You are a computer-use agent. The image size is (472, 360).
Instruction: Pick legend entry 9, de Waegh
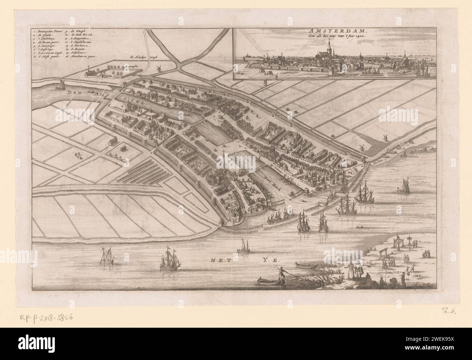point(76,32)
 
